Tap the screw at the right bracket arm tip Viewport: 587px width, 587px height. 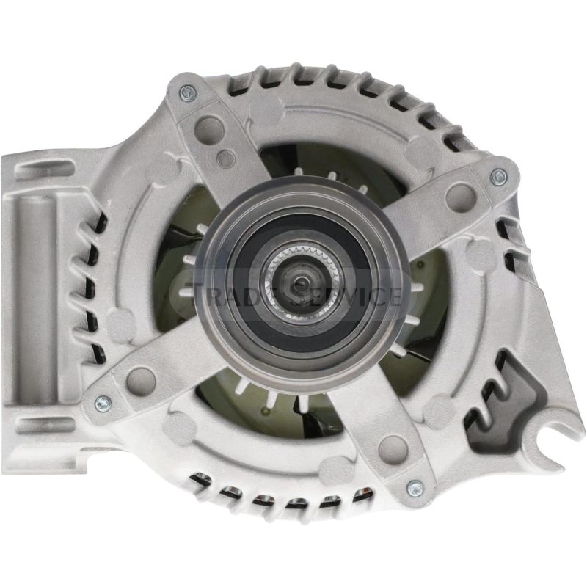tap(498, 175)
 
